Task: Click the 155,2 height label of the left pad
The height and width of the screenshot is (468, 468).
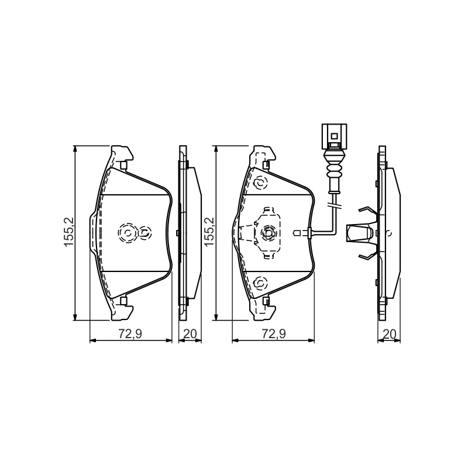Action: tap(69, 232)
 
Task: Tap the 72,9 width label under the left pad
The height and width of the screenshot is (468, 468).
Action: tap(130, 333)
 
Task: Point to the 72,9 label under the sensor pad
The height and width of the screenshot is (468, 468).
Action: tap(274, 333)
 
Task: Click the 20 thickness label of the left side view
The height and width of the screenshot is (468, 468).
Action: tap(190, 333)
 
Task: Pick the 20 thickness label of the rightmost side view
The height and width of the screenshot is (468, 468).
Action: tap(389, 333)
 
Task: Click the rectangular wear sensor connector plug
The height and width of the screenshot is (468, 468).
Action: tap(334, 136)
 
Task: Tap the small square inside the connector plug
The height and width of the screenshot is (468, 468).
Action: tap(334, 136)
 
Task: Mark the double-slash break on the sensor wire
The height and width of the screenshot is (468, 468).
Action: tap(334, 205)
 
